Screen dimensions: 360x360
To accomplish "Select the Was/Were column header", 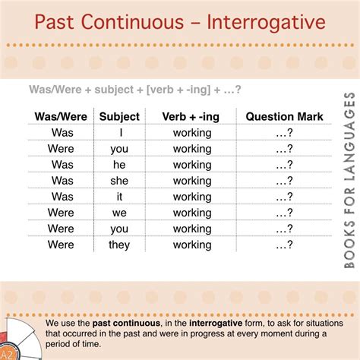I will click(x=63, y=116).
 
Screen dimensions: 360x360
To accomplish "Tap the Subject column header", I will click(x=119, y=116).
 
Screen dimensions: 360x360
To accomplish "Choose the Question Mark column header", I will click(x=284, y=116).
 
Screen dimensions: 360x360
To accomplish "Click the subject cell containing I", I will click(x=119, y=132).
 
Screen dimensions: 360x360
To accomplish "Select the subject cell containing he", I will click(x=119, y=164).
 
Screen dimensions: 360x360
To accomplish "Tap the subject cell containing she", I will click(x=119, y=180).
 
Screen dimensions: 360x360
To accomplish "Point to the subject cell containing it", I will click(x=119, y=196).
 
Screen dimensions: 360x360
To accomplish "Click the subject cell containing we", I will click(x=119, y=213).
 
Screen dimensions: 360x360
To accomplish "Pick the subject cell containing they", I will click(x=119, y=245).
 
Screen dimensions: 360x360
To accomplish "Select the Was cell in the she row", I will click(x=63, y=180).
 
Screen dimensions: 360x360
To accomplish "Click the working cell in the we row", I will click(x=192, y=213).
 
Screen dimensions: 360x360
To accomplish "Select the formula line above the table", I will click(x=135, y=90).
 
